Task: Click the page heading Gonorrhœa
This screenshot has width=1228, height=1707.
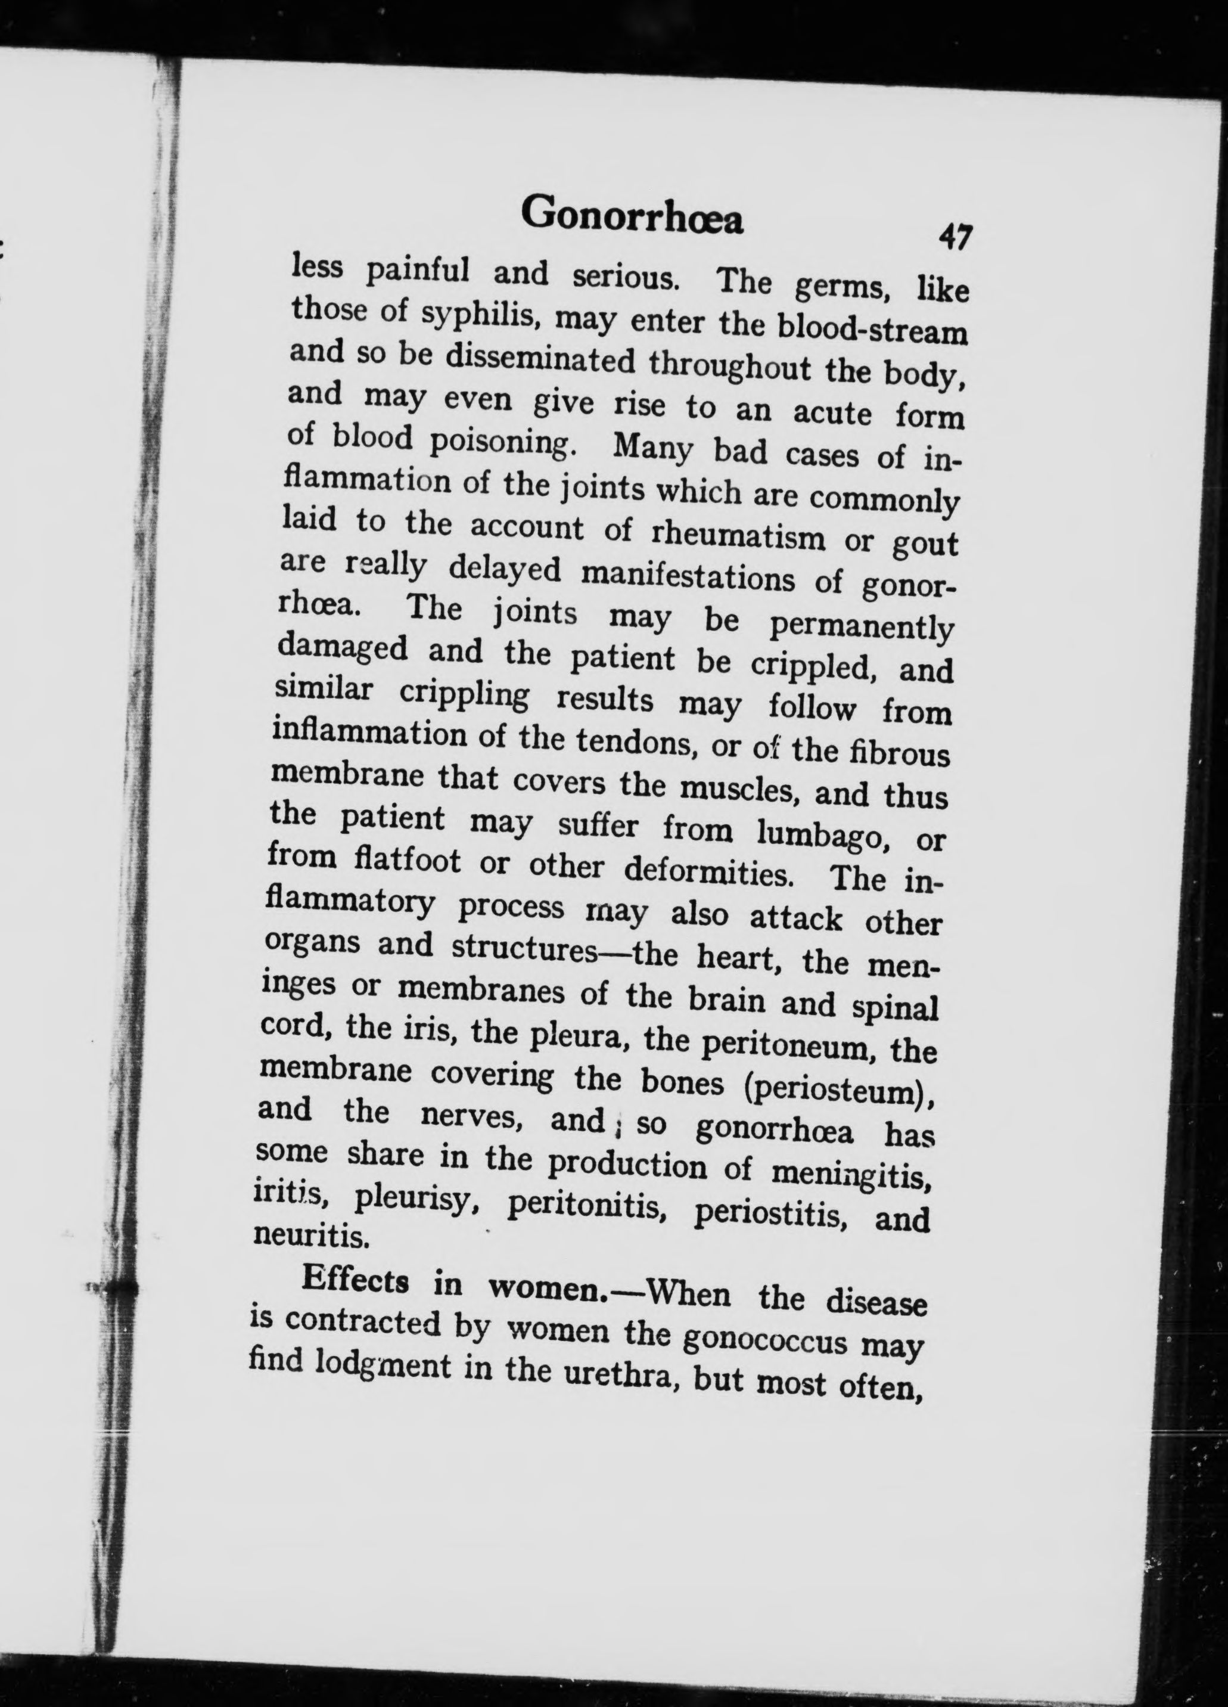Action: (x=632, y=216)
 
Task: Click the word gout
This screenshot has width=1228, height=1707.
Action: (x=924, y=544)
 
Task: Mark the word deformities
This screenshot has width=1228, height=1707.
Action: (x=714, y=873)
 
